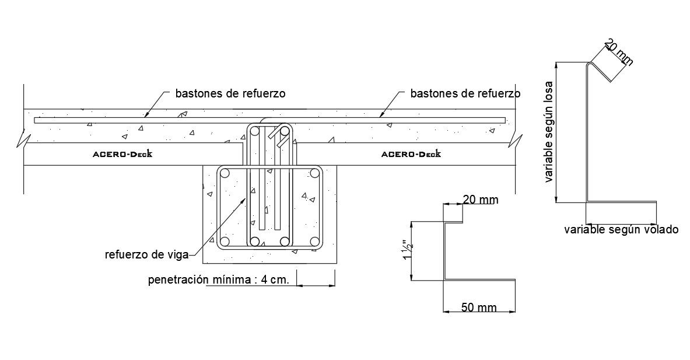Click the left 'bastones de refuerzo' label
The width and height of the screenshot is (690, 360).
[x=230, y=93]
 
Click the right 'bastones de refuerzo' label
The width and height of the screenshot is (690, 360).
[x=465, y=93]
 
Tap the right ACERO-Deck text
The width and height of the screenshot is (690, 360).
[x=411, y=155]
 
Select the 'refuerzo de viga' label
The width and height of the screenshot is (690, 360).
[x=146, y=254]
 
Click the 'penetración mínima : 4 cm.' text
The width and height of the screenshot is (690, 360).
[x=219, y=279]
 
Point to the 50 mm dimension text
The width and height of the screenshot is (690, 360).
[x=479, y=307]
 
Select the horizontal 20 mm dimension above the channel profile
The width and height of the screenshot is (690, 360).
[x=481, y=200]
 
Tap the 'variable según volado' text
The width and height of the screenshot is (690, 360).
[x=621, y=230]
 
